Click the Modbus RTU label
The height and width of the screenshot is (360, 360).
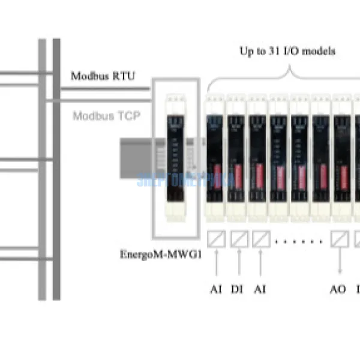click(103, 76)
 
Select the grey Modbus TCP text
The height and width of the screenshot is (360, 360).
click(106, 115)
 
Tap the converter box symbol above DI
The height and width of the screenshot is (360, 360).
click(239, 239)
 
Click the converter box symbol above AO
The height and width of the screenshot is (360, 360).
click(340, 239)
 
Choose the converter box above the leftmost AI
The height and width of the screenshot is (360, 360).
click(217, 239)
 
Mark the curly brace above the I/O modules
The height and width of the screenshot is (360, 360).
click(288, 75)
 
